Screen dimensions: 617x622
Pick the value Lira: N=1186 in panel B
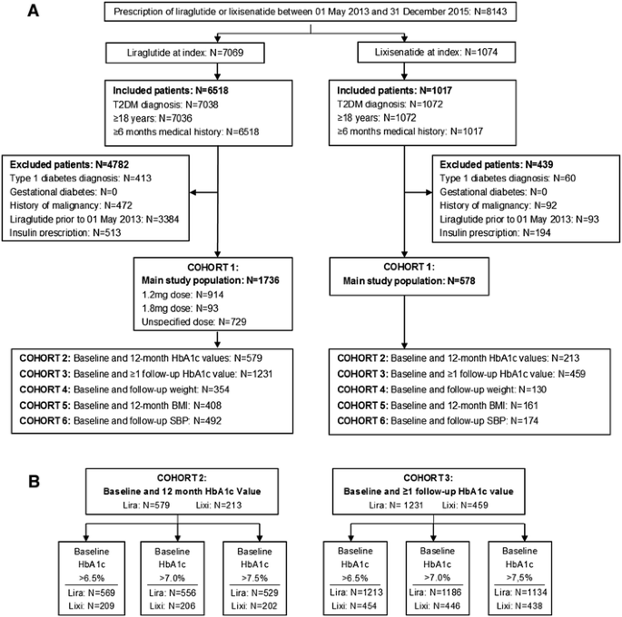429,590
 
